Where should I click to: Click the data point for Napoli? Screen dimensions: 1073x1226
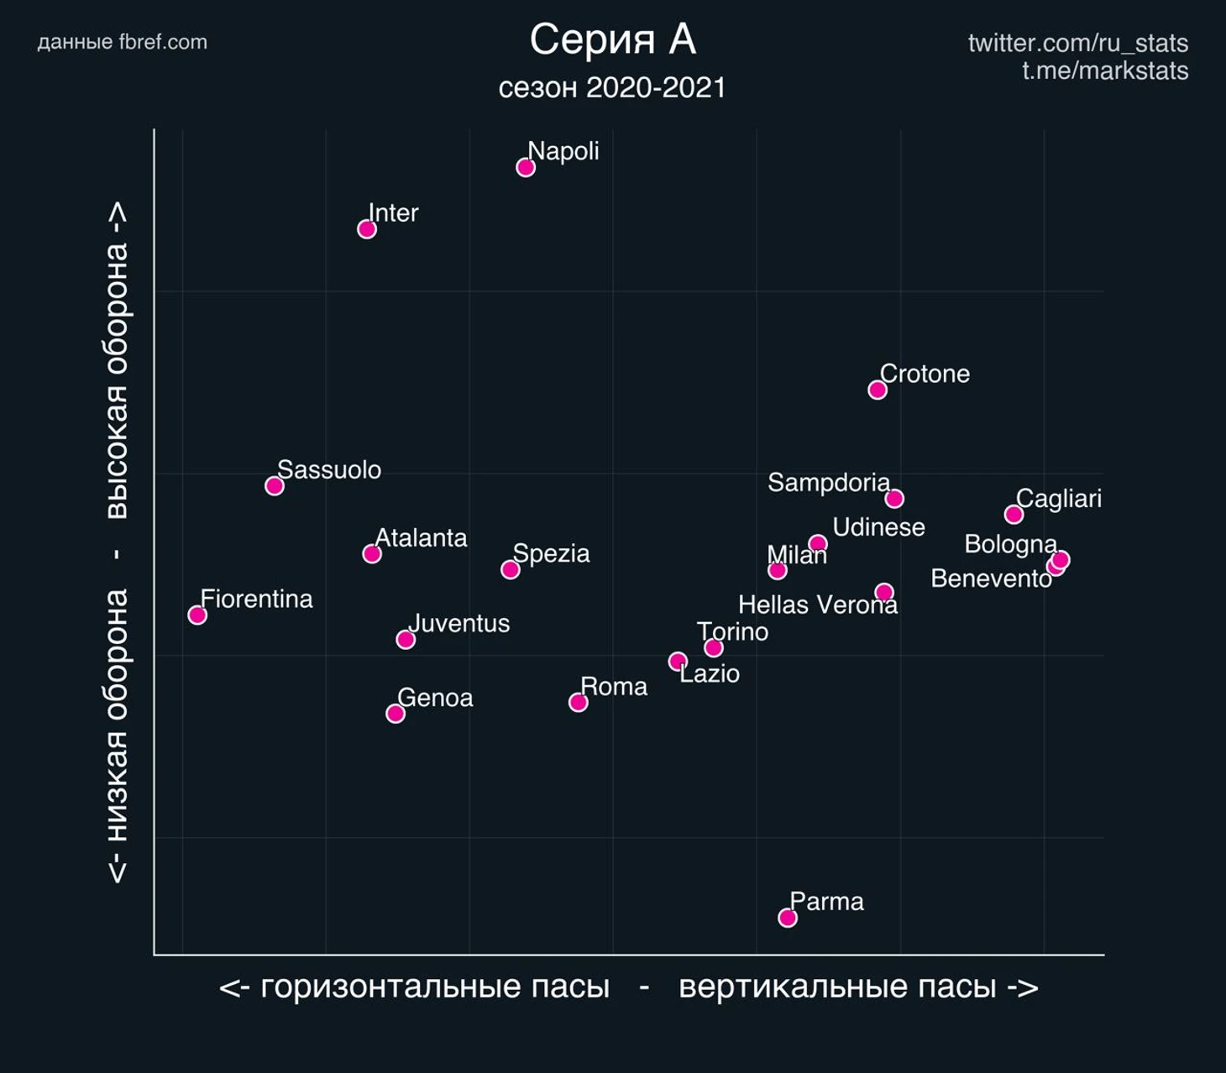click(x=526, y=167)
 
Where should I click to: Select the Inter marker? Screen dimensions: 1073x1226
click(x=367, y=229)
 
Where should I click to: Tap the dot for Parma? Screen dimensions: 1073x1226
click(x=787, y=918)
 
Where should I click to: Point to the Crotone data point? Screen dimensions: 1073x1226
click(x=878, y=390)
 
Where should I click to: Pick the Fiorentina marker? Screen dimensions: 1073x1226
click(x=197, y=615)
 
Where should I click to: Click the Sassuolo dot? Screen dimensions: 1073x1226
click(x=275, y=486)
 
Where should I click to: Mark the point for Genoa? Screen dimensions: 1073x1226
click(x=396, y=714)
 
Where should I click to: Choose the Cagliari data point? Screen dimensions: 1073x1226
click(x=1014, y=515)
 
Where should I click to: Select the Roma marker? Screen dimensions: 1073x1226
click(x=578, y=702)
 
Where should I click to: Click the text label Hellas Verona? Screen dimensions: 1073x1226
click(x=817, y=605)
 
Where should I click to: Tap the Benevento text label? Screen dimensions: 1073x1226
click(x=991, y=578)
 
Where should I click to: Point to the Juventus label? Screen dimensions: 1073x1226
click(x=458, y=624)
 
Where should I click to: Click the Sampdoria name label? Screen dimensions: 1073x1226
click(x=828, y=483)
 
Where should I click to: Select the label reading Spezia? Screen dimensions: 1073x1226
click(x=551, y=554)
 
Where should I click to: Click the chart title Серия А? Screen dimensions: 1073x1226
click(x=612, y=39)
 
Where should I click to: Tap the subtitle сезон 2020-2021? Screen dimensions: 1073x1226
click(x=612, y=88)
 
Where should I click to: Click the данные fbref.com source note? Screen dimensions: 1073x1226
click(x=123, y=42)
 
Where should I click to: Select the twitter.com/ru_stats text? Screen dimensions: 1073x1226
click(x=1077, y=43)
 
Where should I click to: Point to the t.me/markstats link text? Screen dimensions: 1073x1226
click(x=1104, y=71)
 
